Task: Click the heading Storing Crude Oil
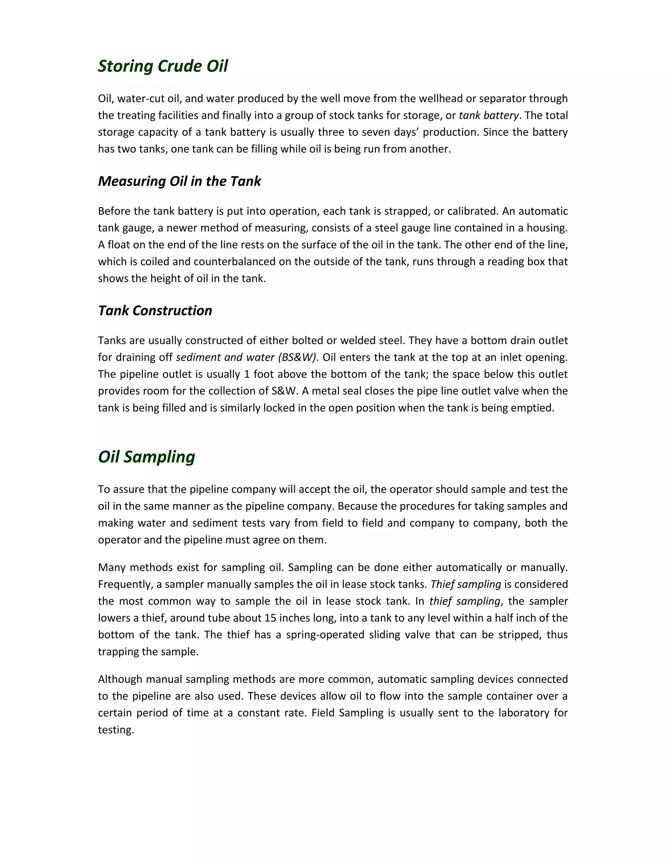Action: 163,66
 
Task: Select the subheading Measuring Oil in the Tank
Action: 179,181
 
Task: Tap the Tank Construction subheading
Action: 155,311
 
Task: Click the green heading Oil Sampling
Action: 146,457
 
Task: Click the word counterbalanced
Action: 234,262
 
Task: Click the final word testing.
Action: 115,730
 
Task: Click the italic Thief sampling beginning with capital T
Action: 466,584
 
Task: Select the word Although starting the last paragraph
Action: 120,679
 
